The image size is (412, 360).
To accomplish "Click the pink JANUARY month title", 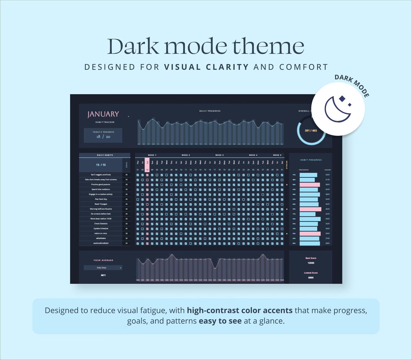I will click(x=103, y=114).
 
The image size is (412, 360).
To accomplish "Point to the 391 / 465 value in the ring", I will click(x=311, y=131).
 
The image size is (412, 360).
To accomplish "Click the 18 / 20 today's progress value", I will click(x=103, y=137).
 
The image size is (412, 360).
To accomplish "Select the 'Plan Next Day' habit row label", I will click(x=101, y=199).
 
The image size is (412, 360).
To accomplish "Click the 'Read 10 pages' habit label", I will click(x=101, y=204).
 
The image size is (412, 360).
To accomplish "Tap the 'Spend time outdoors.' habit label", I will click(x=101, y=189).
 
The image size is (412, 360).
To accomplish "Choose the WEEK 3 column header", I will click(x=219, y=155).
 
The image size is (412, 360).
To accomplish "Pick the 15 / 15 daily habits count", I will click(x=101, y=165).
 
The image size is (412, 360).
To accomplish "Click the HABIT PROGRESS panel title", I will click(x=311, y=160).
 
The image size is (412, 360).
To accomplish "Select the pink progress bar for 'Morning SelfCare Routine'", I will click(x=310, y=209).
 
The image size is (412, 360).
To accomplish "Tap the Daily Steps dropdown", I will click(x=103, y=268).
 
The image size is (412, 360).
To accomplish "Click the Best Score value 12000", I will click(x=311, y=263).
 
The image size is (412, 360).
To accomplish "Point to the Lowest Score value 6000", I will click(x=311, y=277).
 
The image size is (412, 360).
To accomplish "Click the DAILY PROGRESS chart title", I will click(x=210, y=111).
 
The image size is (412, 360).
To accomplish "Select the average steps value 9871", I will click(x=103, y=275).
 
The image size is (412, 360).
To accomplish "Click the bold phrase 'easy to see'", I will click(x=220, y=321).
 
